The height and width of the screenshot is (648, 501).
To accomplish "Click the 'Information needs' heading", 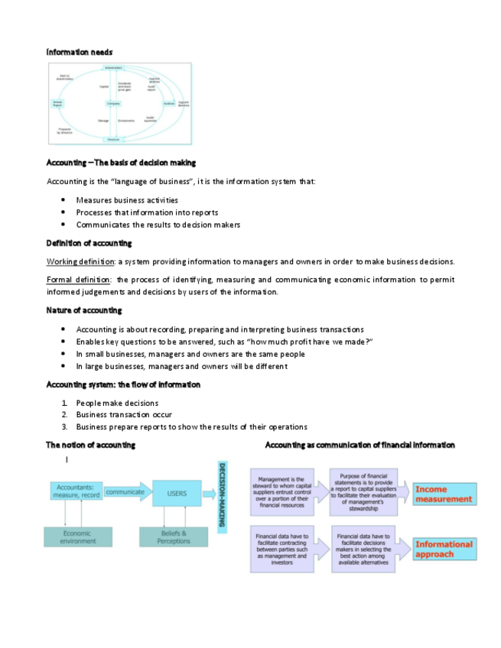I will click(x=80, y=52).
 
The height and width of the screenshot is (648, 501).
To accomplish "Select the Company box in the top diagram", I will click(x=113, y=103).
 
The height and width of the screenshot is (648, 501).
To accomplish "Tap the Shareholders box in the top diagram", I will click(x=113, y=68).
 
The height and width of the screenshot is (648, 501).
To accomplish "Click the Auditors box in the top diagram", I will click(x=169, y=103).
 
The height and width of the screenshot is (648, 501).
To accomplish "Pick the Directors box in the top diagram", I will click(x=113, y=140).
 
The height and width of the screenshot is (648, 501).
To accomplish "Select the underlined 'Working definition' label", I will click(x=80, y=261).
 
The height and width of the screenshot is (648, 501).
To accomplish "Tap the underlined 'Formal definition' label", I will click(x=79, y=280).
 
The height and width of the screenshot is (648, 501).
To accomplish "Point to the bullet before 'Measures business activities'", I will click(x=63, y=200).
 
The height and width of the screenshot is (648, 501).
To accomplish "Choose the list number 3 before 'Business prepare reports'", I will click(x=65, y=426).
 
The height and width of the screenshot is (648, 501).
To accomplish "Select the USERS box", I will click(x=177, y=494).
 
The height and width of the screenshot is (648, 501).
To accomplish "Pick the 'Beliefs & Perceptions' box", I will click(x=174, y=536).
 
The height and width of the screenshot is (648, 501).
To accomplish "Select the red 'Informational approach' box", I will click(x=444, y=549).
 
